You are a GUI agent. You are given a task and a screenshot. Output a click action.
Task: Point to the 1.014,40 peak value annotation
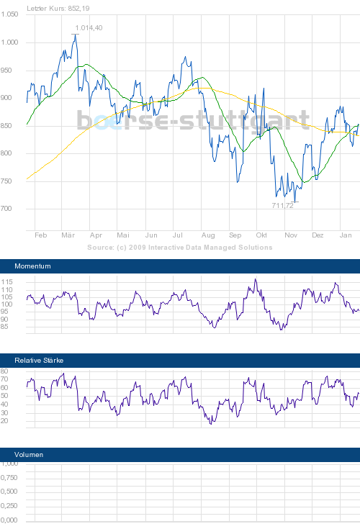[x=89, y=27]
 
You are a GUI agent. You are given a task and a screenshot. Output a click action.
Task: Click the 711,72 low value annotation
[x=282, y=206]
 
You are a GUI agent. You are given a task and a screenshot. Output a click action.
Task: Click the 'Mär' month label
[x=68, y=235]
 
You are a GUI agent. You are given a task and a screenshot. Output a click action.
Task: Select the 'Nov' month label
[x=291, y=235]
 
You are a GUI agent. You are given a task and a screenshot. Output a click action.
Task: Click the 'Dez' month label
[x=318, y=235]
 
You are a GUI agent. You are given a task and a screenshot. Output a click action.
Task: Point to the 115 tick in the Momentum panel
[x=8, y=281]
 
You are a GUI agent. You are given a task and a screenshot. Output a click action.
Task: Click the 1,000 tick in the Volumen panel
[x=9, y=464]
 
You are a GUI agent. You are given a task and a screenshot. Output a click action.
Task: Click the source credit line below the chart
[x=179, y=247]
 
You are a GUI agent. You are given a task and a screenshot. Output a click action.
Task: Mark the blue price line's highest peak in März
[x=75, y=34]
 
